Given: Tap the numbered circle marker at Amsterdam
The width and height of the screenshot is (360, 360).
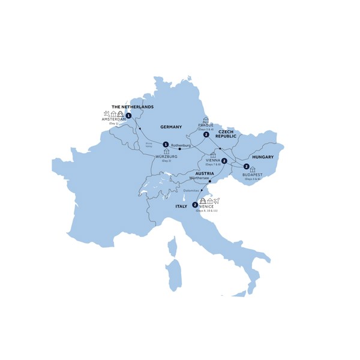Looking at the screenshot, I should (128, 115).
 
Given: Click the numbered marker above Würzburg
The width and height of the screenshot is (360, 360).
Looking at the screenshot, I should (166, 144).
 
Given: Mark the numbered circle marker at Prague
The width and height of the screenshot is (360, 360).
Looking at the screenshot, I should (206, 135).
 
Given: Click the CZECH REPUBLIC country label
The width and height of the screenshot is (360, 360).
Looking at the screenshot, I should (226, 134).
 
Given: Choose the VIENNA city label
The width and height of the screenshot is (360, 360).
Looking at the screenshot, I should (212, 160).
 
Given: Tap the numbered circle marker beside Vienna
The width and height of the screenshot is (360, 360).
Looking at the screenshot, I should (224, 161).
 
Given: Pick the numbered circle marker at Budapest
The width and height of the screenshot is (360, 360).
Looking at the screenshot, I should (246, 166).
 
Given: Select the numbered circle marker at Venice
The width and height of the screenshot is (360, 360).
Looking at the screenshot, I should (195, 205).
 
